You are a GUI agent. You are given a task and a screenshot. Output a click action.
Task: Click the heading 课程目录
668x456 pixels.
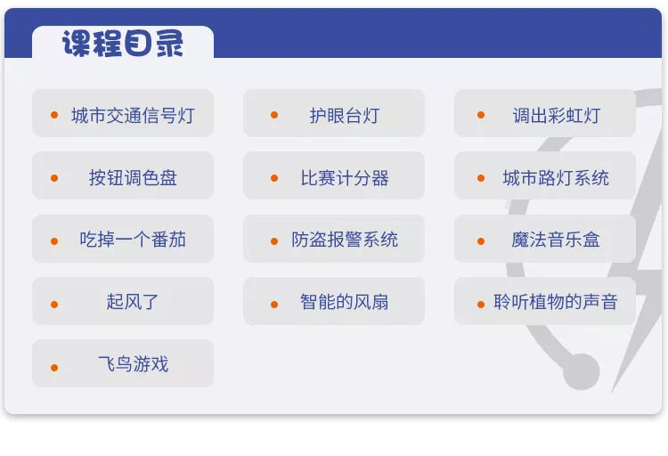123,43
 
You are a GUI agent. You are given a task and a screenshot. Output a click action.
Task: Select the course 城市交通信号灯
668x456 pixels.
133,116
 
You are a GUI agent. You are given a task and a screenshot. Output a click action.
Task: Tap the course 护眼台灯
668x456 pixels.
345,116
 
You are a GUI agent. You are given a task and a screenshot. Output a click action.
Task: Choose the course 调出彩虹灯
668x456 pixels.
557,116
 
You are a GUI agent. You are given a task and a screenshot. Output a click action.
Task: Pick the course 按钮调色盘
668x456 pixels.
133,178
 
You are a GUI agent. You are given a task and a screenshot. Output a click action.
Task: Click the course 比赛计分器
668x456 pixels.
345,178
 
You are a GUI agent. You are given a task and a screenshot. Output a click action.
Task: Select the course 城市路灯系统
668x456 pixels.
556,178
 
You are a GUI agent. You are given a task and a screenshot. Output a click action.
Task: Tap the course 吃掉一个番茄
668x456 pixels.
133,240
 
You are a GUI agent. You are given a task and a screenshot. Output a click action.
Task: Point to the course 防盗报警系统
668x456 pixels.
345,240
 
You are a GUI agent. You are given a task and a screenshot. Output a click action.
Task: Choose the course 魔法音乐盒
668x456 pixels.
556,240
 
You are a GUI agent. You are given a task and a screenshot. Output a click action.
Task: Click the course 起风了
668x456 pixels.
133,302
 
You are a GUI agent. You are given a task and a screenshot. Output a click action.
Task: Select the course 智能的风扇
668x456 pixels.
344,302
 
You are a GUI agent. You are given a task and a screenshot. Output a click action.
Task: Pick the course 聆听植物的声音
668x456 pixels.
556,302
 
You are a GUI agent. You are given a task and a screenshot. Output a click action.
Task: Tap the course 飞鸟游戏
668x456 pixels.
134,364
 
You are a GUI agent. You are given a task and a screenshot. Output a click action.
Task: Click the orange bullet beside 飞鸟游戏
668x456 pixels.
54,367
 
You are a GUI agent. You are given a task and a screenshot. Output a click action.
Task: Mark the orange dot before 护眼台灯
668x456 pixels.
274,115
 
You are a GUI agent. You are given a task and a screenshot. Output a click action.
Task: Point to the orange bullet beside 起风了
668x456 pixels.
54,305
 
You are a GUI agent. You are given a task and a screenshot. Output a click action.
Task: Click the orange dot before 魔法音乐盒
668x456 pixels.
481,241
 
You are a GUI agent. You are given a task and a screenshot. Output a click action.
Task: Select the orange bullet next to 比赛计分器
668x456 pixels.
274,178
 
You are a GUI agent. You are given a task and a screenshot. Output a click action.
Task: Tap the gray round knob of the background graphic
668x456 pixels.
581,371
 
